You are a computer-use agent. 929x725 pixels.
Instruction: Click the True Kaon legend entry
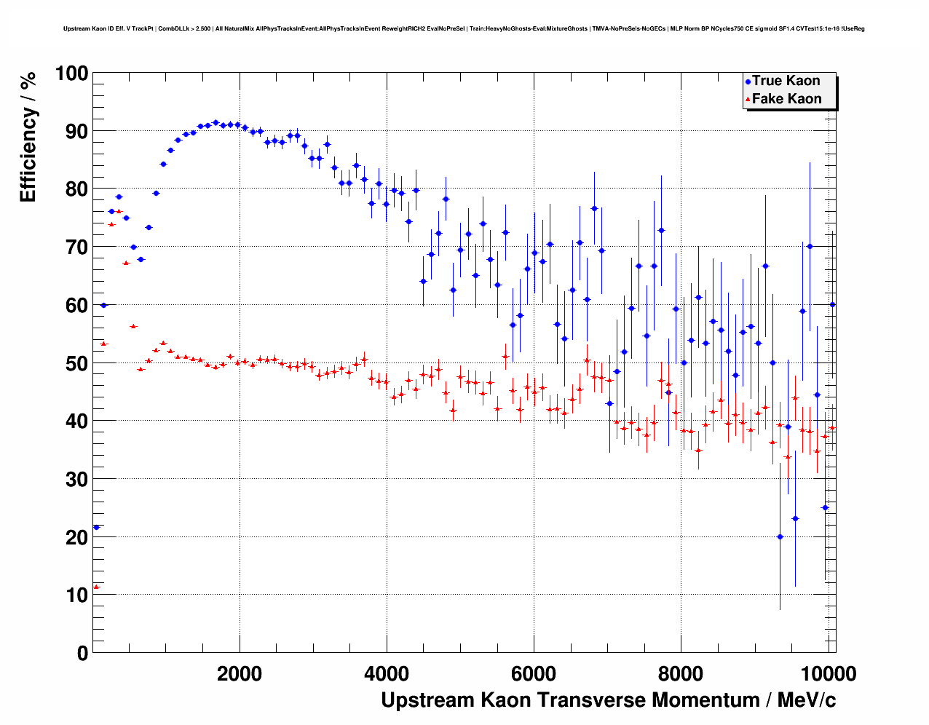(786, 81)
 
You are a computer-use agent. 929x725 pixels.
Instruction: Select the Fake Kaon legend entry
(786, 99)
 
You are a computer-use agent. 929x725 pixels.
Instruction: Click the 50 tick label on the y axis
(76, 363)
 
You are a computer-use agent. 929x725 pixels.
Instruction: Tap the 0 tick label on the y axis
(82, 653)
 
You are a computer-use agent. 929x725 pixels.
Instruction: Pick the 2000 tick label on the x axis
(240, 674)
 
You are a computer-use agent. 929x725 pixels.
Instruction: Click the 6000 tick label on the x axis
(534, 674)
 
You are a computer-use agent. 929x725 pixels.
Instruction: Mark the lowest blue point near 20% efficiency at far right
(780, 536)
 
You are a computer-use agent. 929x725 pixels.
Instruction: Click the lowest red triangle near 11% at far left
(96, 587)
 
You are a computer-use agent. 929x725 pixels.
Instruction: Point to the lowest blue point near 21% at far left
(96, 527)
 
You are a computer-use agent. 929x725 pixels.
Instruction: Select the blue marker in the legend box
(748, 82)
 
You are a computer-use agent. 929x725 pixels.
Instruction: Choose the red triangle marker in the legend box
(748, 100)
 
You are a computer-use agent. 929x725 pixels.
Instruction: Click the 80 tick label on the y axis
(76, 189)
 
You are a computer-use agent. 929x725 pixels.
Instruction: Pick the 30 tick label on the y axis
(76, 479)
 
